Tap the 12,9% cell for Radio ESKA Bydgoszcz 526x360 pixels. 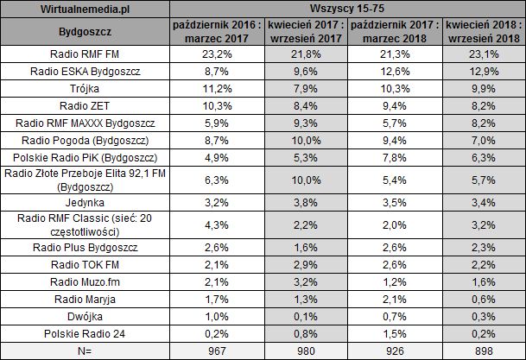coord(484,72)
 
